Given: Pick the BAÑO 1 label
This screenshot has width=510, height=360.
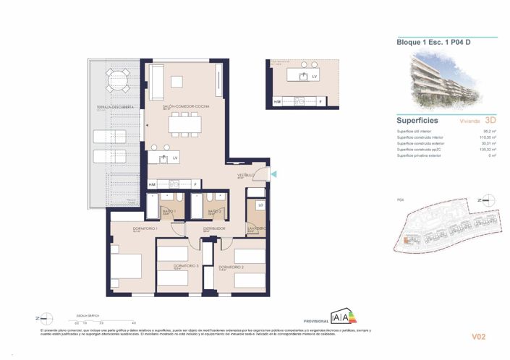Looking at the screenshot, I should coord(169,210).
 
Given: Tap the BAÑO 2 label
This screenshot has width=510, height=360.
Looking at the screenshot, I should coord(214,210).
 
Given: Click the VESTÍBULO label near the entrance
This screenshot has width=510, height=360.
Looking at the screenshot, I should coord(246,176).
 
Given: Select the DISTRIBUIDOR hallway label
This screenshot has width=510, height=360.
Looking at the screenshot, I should coord(213,228).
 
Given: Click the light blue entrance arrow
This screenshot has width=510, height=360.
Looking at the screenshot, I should coord(273,173).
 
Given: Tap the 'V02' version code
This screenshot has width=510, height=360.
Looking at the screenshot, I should coord(478,336).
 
